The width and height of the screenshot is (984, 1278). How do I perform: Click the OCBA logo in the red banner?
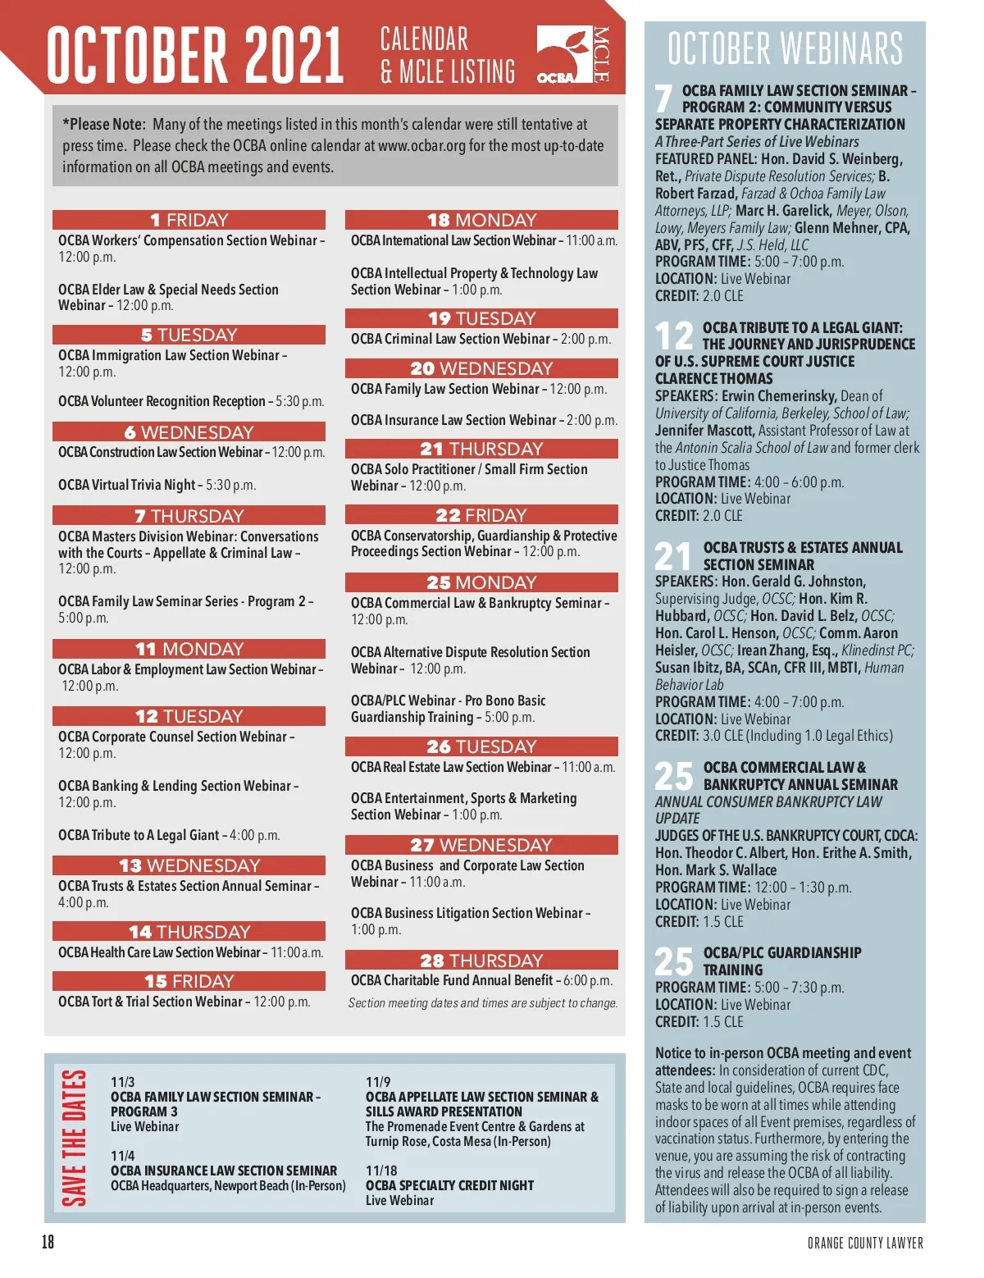[573, 54]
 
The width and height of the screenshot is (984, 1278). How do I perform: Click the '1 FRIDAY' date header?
[189, 220]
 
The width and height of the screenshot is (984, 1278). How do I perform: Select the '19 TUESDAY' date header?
[481, 318]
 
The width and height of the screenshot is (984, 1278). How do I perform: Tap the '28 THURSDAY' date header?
[481, 960]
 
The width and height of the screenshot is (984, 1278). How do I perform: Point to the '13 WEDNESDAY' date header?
[189, 865]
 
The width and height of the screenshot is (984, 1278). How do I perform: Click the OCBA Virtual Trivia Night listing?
[157, 485]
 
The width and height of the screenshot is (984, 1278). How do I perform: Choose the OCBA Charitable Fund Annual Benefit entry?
[481, 980]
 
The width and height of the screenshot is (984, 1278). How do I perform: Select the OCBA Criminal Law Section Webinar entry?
[481, 339]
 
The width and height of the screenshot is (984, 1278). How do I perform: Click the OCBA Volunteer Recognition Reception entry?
[191, 401]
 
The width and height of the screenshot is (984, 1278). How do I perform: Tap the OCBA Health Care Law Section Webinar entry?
[190, 952]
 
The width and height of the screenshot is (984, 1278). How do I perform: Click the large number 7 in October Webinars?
[664, 99]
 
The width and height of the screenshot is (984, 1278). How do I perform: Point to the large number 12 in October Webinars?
[674, 336]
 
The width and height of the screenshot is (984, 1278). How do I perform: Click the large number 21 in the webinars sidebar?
[674, 556]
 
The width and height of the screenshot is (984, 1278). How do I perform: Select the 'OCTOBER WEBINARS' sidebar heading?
[785, 48]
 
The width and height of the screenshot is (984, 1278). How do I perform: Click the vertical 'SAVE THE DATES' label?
[74, 1137]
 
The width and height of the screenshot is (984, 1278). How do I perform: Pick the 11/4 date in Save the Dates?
[123, 1156]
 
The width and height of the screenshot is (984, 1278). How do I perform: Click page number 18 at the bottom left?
[48, 1241]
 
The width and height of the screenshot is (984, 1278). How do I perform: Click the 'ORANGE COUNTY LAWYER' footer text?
[865, 1243]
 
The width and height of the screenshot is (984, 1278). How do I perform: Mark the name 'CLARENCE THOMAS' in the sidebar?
[713, 378]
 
